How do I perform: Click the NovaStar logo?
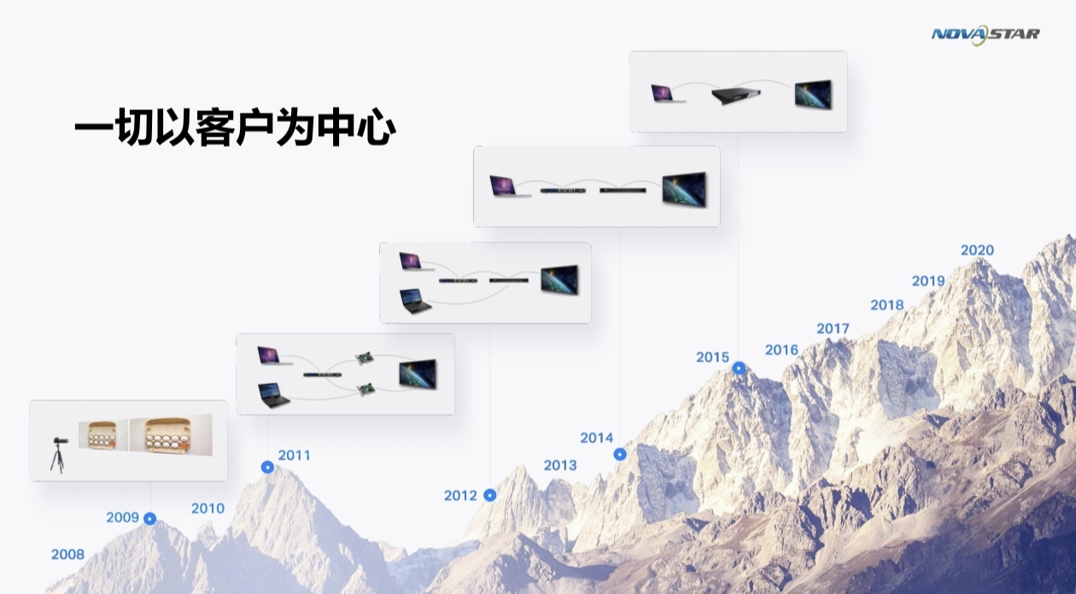985,35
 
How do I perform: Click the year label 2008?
67,555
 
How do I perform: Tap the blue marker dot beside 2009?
150,519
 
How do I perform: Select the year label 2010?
208,509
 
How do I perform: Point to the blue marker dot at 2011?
267,467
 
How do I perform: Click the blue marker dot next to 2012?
489,495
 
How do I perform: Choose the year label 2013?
560,465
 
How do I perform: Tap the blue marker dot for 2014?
620,454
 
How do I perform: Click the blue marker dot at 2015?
739,369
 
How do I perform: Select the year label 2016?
781,350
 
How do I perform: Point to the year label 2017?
833,329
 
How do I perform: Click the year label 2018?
887,305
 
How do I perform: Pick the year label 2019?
928,281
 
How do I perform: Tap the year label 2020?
977,250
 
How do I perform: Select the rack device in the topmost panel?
736,95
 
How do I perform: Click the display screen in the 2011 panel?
418,374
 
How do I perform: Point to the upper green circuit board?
365,358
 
